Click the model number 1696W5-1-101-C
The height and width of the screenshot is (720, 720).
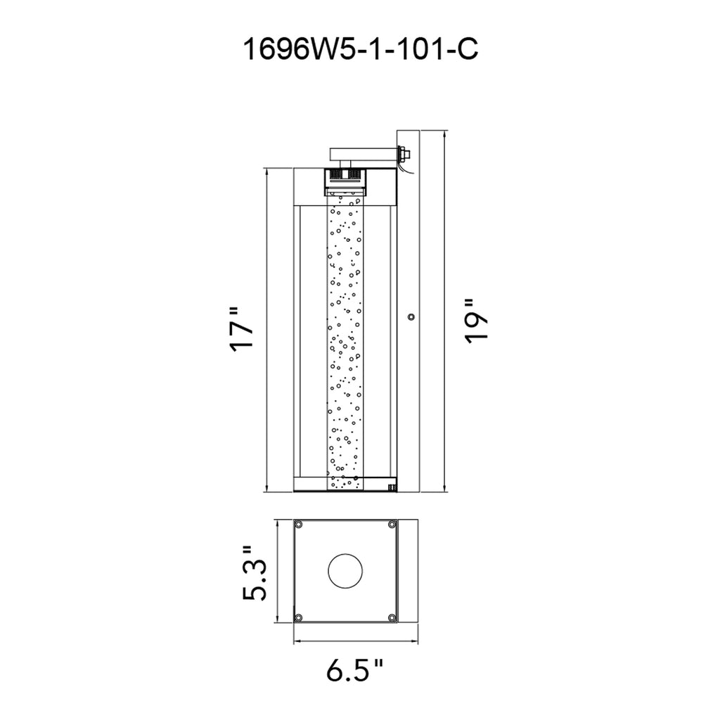(x=359, y=50)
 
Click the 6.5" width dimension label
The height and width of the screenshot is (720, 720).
(x=355, y=671)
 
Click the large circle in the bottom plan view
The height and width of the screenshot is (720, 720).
(x=345, y=570)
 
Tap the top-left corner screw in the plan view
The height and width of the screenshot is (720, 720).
(x=298, y=525)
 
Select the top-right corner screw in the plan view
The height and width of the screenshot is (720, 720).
(x=392, y=525)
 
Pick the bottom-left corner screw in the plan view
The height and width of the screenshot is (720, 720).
(x=298, y=617)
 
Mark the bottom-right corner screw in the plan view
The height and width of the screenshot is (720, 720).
(x=392, y=617)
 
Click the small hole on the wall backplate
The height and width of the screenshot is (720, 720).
(x=411, y=317)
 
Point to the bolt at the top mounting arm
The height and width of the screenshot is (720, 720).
(x=404, y=153)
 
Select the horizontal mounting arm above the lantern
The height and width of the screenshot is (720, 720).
(x=362, y=152)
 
